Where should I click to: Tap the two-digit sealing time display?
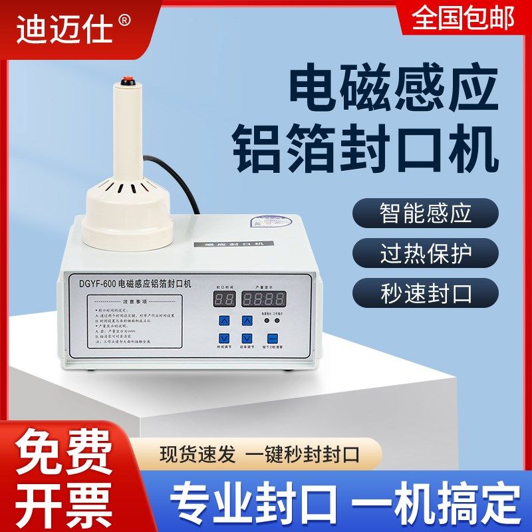tap(223, 299)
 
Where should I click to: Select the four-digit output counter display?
tap(265, 298)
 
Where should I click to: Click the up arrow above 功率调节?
tap(247, 321)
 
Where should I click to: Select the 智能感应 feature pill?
tap(426, 213)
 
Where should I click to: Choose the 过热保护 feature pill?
tap(426, 255)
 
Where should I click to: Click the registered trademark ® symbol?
tap(124, 21)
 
